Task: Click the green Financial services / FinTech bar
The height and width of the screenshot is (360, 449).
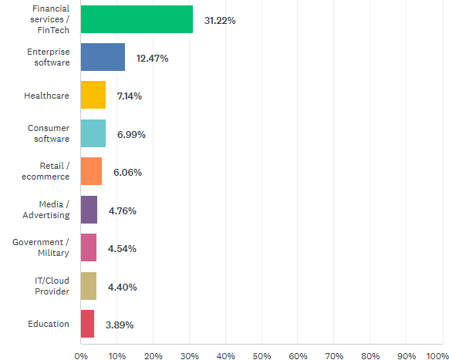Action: (x=137, y=19)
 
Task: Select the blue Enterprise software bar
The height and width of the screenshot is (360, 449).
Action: (x=103, y=58)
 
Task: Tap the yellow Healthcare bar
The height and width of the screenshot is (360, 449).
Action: (x=93, y=96)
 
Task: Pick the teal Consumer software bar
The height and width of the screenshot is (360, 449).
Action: (x=93, y=134)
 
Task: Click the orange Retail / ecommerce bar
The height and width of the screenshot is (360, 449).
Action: (x=91, y=172)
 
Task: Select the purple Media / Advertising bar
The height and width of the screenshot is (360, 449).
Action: (x=89, y=210)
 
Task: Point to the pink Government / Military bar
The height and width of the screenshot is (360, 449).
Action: (x=88, y=248)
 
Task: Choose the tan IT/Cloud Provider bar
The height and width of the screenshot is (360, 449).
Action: (x=88, y=286)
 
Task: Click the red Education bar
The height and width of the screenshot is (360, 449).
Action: (x=87, y=325)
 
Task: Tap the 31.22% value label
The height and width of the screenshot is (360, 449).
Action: (x=220, y=20)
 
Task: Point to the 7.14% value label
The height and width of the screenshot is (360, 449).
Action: (x=130, y=96)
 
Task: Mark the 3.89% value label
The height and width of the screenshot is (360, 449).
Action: (x=119, y=325)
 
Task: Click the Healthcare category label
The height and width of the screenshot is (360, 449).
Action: (x=47, y=96)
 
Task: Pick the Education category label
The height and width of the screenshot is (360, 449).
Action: (x=49, y=325)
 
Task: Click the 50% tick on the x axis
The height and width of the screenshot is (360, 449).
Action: (x=262, y=355)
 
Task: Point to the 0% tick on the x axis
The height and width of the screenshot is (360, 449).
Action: (x=80, y=355)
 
